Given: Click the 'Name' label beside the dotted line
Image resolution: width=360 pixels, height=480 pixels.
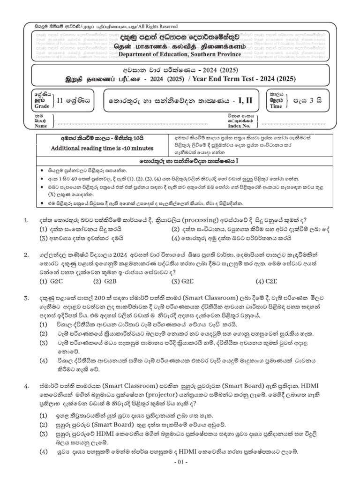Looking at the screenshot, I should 42,126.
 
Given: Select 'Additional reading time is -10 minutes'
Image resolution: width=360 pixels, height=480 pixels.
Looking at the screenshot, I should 102,148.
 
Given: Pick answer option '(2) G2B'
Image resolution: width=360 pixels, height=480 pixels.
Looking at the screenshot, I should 105,282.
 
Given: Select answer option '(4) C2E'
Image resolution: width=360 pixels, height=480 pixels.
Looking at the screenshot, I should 266,282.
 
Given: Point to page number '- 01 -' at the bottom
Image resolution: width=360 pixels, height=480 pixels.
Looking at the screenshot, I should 180,463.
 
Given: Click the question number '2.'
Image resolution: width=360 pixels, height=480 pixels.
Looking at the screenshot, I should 27,255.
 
